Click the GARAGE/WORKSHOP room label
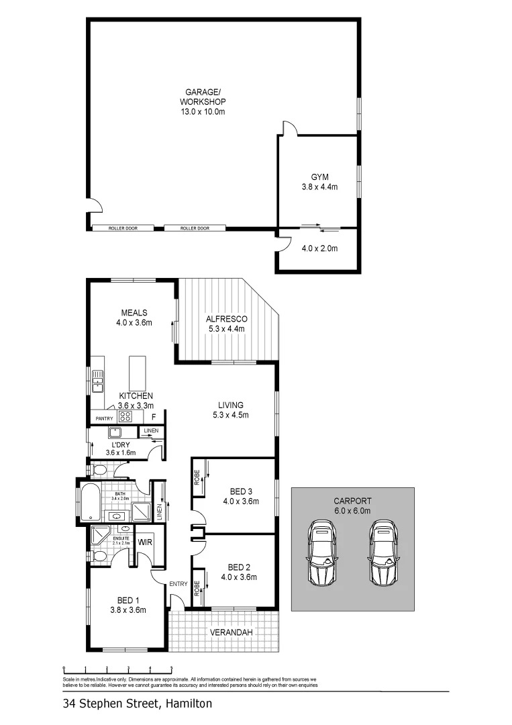201,101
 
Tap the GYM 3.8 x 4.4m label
319,182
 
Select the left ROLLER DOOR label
123,228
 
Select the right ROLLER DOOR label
195,228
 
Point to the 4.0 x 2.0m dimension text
319,248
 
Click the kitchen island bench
138,370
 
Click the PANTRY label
104,419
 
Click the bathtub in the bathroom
89,504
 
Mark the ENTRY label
178,584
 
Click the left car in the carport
321,551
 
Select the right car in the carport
383,551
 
